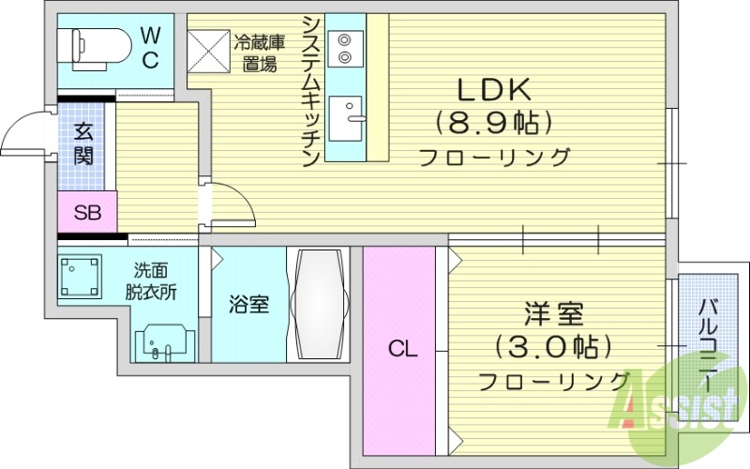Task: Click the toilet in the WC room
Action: (x=93, y=45)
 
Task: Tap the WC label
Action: (x=150, y=46)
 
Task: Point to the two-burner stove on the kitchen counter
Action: (x=345, y=48)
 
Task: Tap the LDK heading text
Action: (x=494, y=89)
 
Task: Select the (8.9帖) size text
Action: (x=493, y=123)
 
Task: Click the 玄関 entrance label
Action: (x=83, y=144)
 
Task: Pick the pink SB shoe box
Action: (x=86, y=211)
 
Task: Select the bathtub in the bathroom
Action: (x=319, y=306)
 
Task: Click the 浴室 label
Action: (x=249, y=304)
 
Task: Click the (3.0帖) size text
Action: (x=554, y=347)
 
